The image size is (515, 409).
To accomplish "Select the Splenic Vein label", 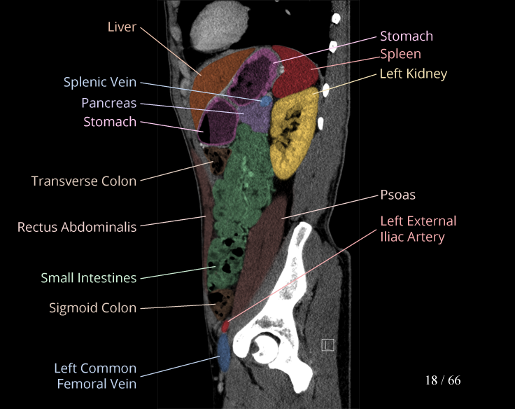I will click(100, 83).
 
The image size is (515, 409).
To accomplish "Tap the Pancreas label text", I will click(108, 103).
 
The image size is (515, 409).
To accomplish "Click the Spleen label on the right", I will click(400, 54).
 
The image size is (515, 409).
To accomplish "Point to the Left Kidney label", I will click(413, 74).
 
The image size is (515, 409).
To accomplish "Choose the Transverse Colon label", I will click(84, 181).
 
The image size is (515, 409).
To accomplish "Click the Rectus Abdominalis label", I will click(77, 227).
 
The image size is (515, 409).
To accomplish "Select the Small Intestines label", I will click(88, 278).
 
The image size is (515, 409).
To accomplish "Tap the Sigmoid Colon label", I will click(92, 307).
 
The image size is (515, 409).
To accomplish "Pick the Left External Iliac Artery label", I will click(418, 229).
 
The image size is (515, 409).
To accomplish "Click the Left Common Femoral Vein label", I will click(95, 375).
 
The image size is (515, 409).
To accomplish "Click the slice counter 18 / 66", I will click(443, 380).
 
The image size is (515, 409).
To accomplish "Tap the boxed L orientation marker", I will click(327, 345).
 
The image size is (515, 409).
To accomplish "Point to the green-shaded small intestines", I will click(238, 203).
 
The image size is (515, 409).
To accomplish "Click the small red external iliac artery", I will click(225, 326).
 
